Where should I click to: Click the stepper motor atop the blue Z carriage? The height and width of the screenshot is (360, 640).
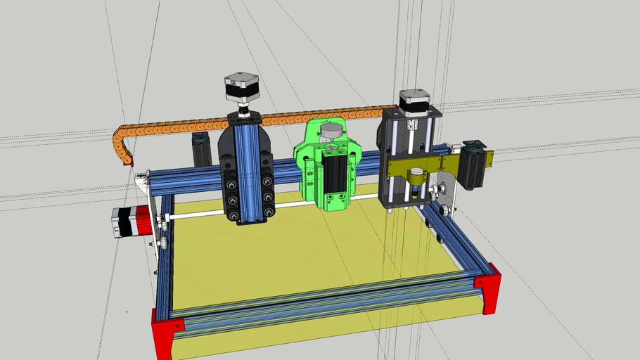tap(241, 89)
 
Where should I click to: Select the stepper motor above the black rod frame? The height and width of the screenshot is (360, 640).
tap(415, 102)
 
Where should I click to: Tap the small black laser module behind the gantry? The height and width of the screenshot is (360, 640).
tap(202, 149)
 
